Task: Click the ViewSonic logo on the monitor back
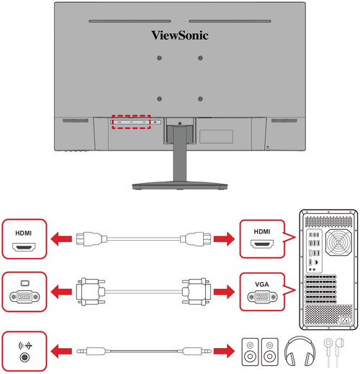tap(180, 33)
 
